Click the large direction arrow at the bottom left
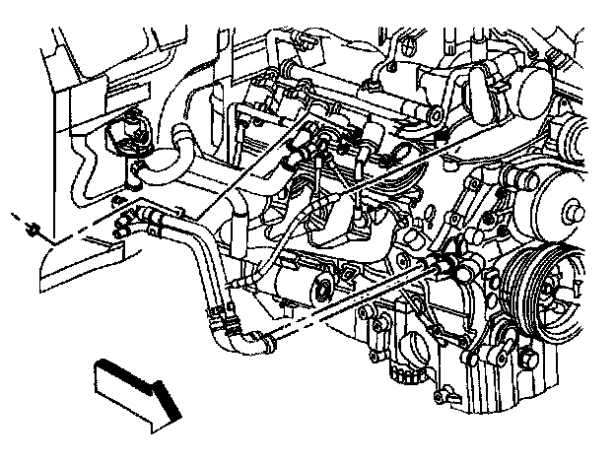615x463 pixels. point(133,394)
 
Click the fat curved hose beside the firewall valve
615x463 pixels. point(183,148)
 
